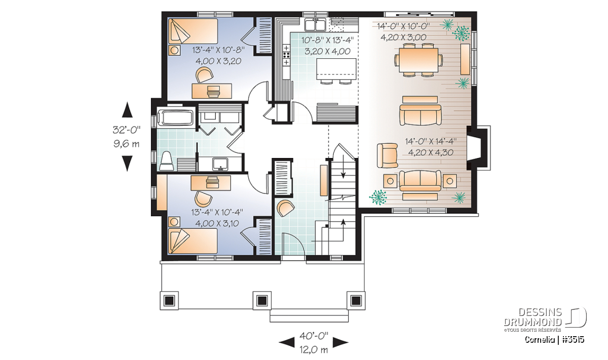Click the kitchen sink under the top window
315,24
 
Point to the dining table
419,60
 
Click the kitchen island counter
336,69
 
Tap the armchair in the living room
387,155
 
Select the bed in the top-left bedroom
193,31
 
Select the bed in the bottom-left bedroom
193,241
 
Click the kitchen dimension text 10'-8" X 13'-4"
328,41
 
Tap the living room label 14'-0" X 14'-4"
431,142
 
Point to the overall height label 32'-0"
127,130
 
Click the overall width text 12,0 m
314,350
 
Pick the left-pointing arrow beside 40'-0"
287,342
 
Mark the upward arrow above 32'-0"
127,109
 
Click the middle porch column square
262,301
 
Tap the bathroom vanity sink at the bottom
220,164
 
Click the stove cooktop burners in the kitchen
286,55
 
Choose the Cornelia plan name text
540,340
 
